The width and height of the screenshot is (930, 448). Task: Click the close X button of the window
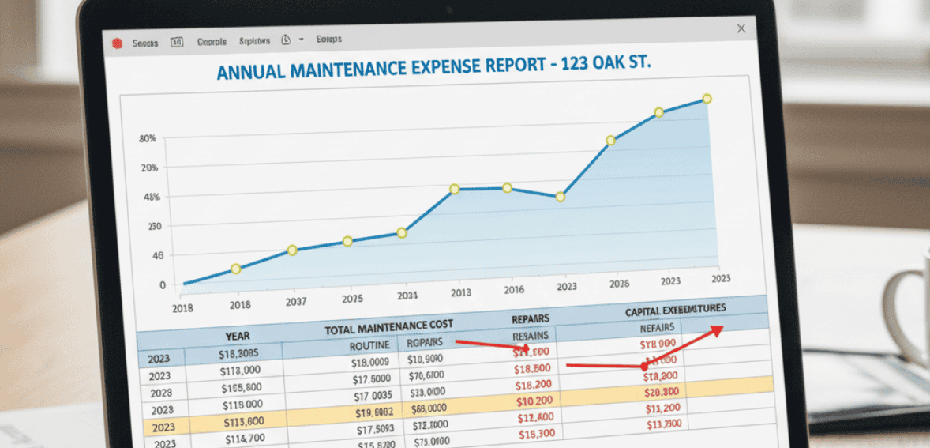741,28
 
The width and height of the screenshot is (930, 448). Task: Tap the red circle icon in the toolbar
115,42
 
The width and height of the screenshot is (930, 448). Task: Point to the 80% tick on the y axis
148,139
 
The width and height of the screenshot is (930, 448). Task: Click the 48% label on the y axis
150,197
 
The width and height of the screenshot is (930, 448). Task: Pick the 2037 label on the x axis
296,302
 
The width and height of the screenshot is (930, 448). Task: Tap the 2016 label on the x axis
513,290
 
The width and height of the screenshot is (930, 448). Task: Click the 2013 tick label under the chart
461,293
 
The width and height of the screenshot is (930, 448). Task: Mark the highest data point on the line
707,99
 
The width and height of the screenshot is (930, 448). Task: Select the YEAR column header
237,336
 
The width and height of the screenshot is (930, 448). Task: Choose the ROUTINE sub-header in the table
369,345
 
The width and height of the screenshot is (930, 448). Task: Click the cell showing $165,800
241,388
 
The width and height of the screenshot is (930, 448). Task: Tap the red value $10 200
535,402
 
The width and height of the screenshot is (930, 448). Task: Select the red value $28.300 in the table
662,393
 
